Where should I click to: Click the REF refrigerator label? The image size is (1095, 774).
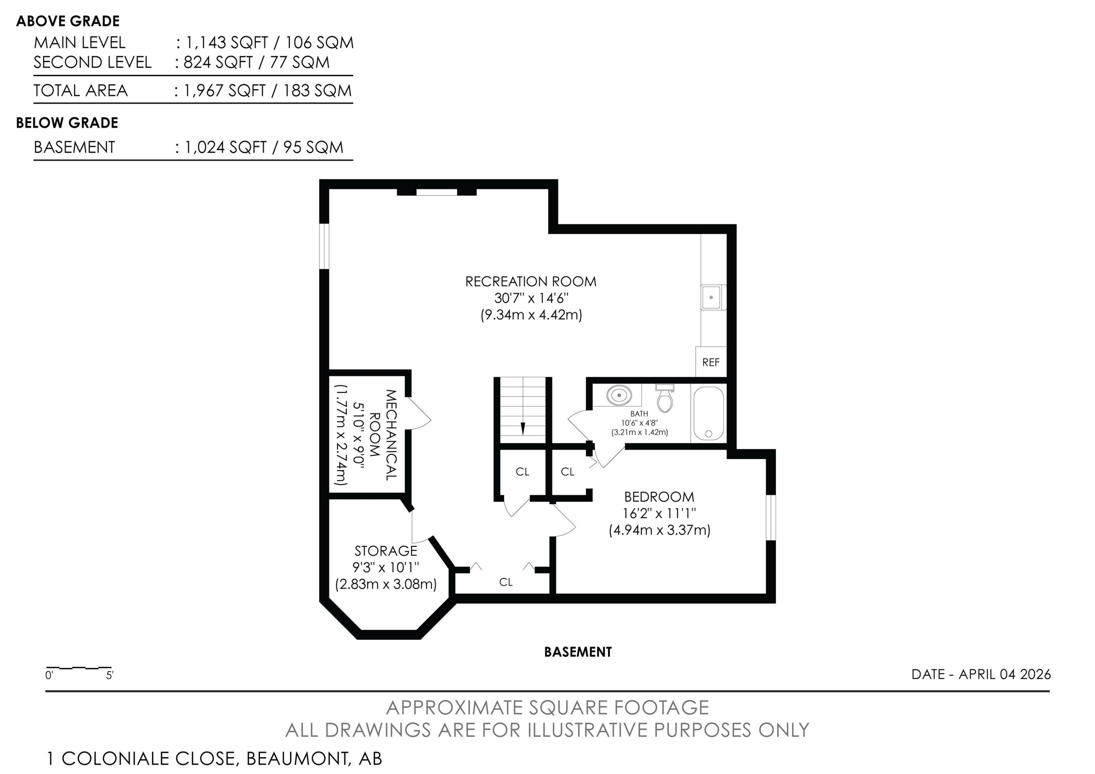(x=711, y=363)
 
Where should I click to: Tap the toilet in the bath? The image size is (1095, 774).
(x=665, y=398)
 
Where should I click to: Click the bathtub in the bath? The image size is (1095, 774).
(x=708, y=413)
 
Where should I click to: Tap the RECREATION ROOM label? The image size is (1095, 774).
(x=531, y=282)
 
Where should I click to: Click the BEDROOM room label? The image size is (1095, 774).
(x=659, y=497)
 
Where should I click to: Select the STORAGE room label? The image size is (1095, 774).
(x=386, y=551)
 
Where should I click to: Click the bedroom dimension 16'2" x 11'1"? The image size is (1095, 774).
(x=659, y=514)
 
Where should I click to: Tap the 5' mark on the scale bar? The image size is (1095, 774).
(x=110, y=675)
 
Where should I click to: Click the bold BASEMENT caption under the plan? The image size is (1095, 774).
(x=577, y=652)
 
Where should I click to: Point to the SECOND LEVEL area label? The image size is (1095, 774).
(x=92, y=62)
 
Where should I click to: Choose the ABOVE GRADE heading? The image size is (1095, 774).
(x=68, y=21)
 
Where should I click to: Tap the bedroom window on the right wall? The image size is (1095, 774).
(x=771, y=518)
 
